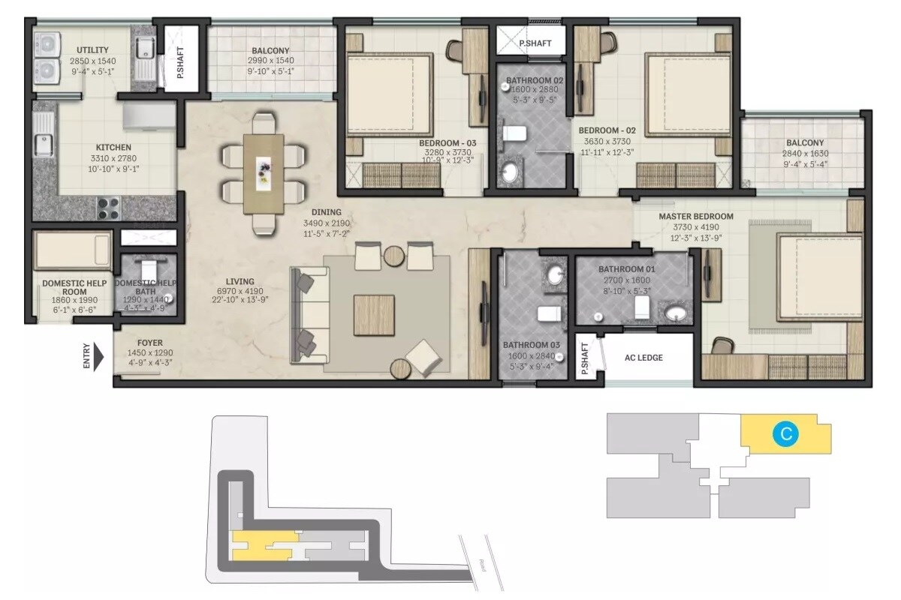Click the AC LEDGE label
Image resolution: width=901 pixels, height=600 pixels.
click(x=643, y=358)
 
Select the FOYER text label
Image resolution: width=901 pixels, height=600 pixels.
click(x=149, y=343)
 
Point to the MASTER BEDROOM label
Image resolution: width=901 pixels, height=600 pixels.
click(x=690, y=217)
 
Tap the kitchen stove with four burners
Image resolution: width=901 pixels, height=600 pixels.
click(x=108, y=207)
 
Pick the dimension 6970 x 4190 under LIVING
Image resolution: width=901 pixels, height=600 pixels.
click(x=240, y=291)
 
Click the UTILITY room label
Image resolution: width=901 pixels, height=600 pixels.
click(x=92, y=50)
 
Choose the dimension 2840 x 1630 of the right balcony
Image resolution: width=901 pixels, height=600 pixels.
click(x=804, y=154)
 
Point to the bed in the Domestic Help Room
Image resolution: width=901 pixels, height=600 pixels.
click(x=73, y=250)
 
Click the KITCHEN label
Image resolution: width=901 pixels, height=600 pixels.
click(x=113, y=148)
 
